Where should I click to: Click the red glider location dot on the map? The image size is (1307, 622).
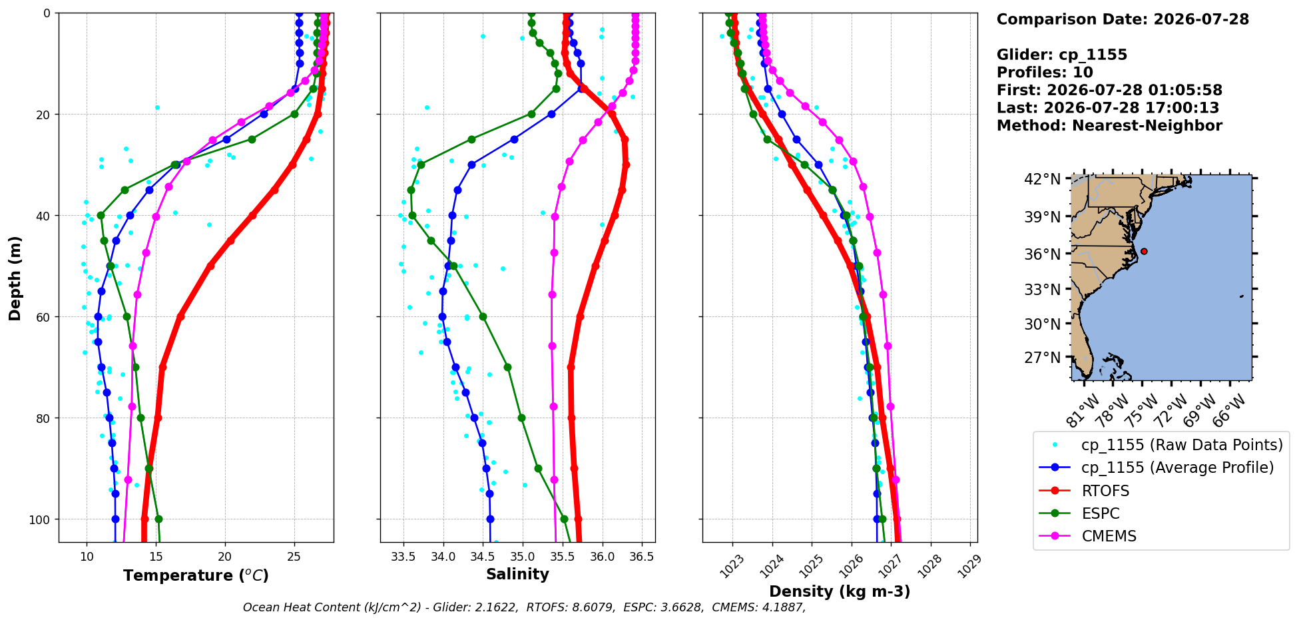tap(1144, 251)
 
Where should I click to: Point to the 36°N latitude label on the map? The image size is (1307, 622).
tap(1042, 254)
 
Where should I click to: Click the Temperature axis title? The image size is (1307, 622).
tap(196, 575)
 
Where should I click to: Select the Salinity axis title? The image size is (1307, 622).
tap(517, 574)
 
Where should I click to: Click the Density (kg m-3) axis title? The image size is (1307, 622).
tap(840, 591)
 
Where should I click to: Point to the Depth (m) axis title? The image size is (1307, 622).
tap(15, 278)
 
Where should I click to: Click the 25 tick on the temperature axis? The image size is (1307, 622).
tap(294, 557)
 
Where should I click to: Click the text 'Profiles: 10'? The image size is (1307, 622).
tap(1045, 73)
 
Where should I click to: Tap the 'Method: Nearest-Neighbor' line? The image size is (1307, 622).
tap(1109, 126)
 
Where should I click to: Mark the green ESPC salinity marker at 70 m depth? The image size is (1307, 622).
tap(507, 367)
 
